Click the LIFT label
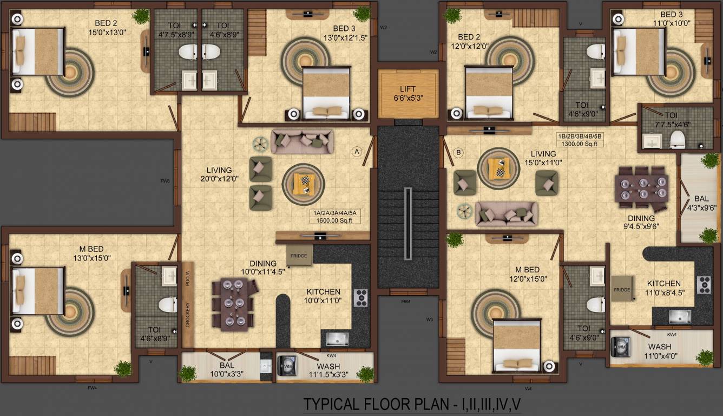point(407,89)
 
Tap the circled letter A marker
point(357,152)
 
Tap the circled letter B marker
point(458,153)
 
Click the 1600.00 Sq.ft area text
point(335,220)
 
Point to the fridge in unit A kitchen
point(299,256)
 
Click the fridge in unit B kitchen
point(622,290)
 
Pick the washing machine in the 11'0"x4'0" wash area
point(621,347)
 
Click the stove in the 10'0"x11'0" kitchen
point(360,297)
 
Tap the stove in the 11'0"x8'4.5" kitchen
point(704,284)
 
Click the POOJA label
point(187,278)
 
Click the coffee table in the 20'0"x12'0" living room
point(303,184)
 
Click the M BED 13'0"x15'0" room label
point(94,253)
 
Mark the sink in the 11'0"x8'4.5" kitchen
point(679,316)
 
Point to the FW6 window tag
point(166,180)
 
